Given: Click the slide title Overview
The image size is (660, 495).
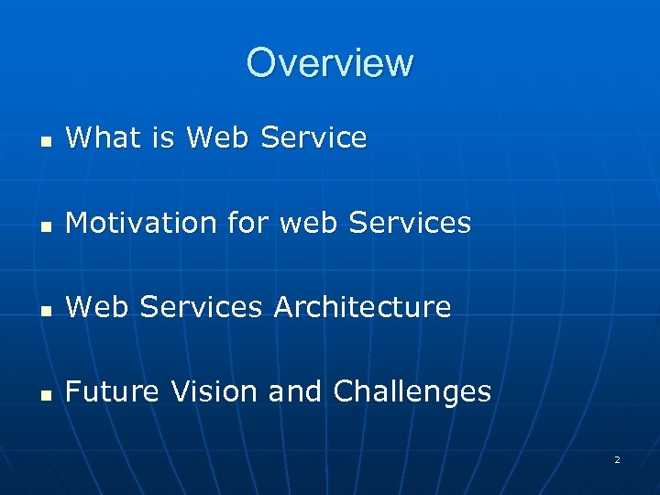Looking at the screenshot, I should tap(330, 63).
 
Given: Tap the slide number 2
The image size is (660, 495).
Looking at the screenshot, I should tap(617, 459).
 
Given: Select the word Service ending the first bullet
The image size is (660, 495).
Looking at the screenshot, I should tap(313, 138).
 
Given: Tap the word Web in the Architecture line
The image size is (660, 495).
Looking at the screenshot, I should tap(96, 307).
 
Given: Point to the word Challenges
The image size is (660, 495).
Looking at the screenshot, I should tap(412, 392).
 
